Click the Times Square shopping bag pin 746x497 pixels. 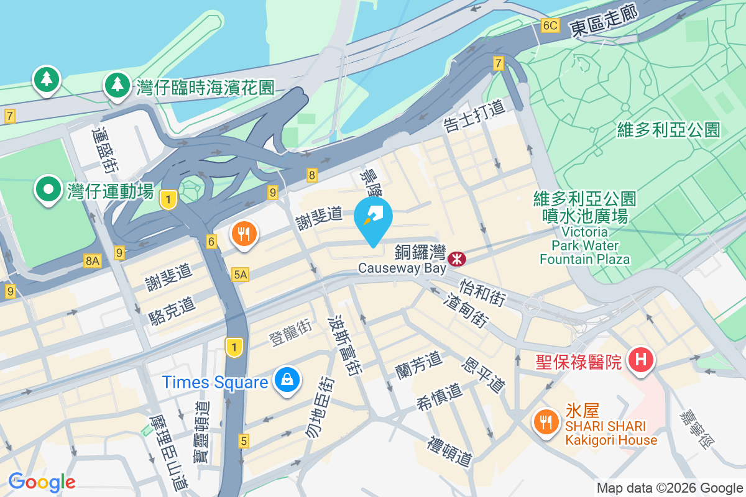[287, 380]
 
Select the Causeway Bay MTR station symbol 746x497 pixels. [458, 257]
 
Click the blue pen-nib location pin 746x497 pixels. [373, 218]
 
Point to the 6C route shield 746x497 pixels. [551, 25]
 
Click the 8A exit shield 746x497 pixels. [92, 262]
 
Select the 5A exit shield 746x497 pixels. [241, 275]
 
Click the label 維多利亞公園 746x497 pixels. [668, 130]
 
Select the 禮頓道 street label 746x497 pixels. [449, 452]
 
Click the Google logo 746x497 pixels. [42, 481]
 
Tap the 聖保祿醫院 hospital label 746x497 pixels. [579, 362]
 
